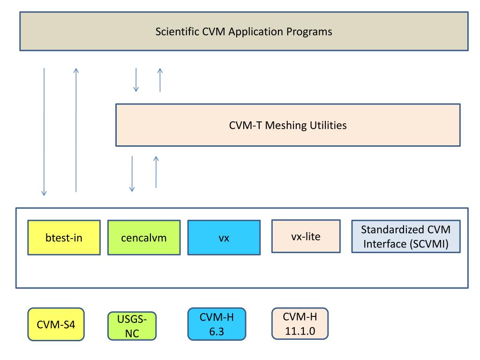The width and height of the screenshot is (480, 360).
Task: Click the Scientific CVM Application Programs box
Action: point(244,31)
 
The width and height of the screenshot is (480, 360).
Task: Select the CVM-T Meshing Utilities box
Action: point(288,125)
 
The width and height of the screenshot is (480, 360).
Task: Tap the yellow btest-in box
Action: point(64,237)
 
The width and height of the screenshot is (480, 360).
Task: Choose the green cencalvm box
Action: point(144,237)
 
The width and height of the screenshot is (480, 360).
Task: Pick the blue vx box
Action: point(224,237)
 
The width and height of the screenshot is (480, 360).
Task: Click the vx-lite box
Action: point(306,236)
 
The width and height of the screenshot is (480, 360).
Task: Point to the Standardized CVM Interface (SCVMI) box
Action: point(405,236)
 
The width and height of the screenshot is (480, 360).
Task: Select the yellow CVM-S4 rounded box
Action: point(56,324)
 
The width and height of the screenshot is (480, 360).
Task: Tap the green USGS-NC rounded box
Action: point(132,326)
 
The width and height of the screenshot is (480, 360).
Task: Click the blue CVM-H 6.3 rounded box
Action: point(217,324)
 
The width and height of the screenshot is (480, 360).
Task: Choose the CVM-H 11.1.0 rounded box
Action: point(300,323)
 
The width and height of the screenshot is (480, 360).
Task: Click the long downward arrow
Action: point(44,132)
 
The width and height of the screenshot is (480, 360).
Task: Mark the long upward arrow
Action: point(76,130)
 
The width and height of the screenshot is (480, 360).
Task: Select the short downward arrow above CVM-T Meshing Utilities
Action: point(136,80)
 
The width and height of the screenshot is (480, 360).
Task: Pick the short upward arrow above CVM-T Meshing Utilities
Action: point(160,80)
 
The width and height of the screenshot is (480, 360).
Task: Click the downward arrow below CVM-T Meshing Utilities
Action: point(132,174)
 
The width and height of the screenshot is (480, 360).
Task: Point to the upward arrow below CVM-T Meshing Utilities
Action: point(156,172)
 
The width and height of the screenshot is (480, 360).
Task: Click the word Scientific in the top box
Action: point(177,31)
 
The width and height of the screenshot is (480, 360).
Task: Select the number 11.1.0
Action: point(300,331)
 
